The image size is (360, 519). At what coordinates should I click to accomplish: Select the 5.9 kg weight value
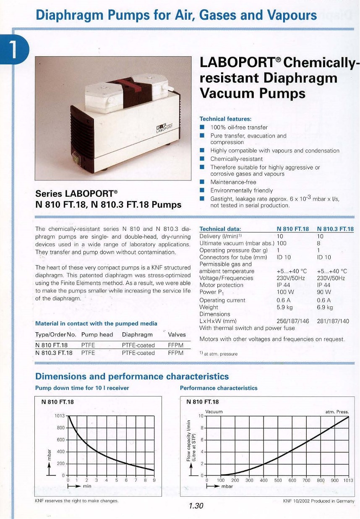(x=284, y=307)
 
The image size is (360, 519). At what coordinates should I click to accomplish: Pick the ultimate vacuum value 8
(x=319, y=243)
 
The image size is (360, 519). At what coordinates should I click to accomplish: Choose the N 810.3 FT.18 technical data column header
(x=335, y=229)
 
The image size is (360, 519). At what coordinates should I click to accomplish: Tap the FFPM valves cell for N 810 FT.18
(x=176, y=345)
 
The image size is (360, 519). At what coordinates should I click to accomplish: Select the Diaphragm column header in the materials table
(x=137, y=335)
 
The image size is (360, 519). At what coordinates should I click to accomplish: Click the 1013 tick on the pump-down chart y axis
(x=60, y=416)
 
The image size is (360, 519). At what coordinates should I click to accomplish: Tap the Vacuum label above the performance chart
(x=214, y=412)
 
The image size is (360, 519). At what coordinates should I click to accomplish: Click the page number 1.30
(x=196, y=506)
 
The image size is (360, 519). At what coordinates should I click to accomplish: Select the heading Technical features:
(x=225, y=119)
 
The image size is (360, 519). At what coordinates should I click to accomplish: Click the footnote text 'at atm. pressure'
(x=221, y=354)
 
